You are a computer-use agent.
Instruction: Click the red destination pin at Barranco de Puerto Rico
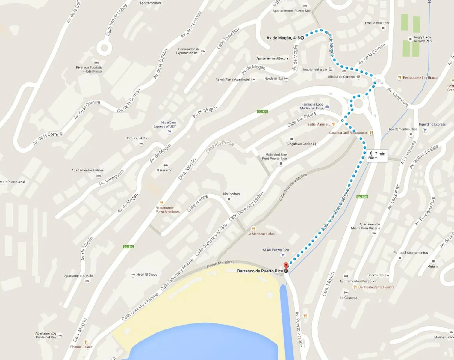point(286,266)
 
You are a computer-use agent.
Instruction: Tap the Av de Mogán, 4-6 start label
point(283,38)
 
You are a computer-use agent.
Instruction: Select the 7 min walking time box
point(377,156)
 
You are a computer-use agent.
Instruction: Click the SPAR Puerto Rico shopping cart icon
point(283,255)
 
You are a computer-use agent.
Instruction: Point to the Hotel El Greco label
point(147,275)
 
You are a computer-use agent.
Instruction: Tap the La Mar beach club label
point(261,234)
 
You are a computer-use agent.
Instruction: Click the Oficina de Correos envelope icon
point(358,77)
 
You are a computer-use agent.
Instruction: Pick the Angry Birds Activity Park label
point(423,39)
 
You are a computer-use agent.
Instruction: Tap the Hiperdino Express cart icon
point(425,130)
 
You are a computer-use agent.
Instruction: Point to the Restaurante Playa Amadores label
point(167,210)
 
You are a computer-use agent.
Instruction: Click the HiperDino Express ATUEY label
point(165,124)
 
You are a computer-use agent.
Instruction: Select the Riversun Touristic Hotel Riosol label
point(89,69)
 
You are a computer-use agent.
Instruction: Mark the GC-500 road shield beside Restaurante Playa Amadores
point(128,247)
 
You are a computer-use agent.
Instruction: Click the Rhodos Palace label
point(81,347)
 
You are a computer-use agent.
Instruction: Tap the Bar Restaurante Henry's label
point(376,287)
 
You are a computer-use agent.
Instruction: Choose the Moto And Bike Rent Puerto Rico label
point(274,157)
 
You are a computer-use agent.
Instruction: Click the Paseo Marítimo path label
point(220,264)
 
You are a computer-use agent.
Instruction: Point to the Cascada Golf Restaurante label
point(348,133)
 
